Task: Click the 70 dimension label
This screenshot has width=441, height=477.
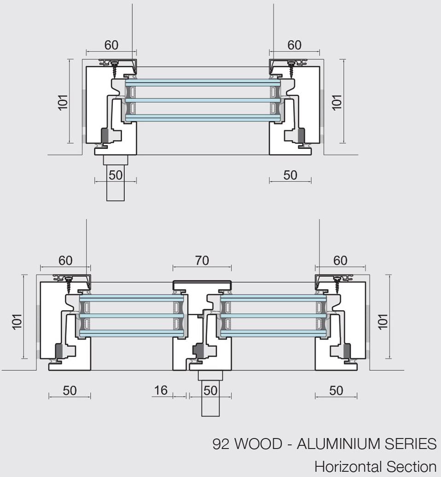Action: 202,261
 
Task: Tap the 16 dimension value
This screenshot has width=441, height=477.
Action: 161,391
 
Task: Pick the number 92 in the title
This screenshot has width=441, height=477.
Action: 221,444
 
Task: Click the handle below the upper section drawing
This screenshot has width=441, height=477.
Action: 116,184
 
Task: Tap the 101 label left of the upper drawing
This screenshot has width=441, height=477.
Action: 63,102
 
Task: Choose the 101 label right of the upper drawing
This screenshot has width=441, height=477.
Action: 337,102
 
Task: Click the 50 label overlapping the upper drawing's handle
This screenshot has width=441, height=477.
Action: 116,175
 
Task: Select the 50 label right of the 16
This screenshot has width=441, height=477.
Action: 210,391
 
